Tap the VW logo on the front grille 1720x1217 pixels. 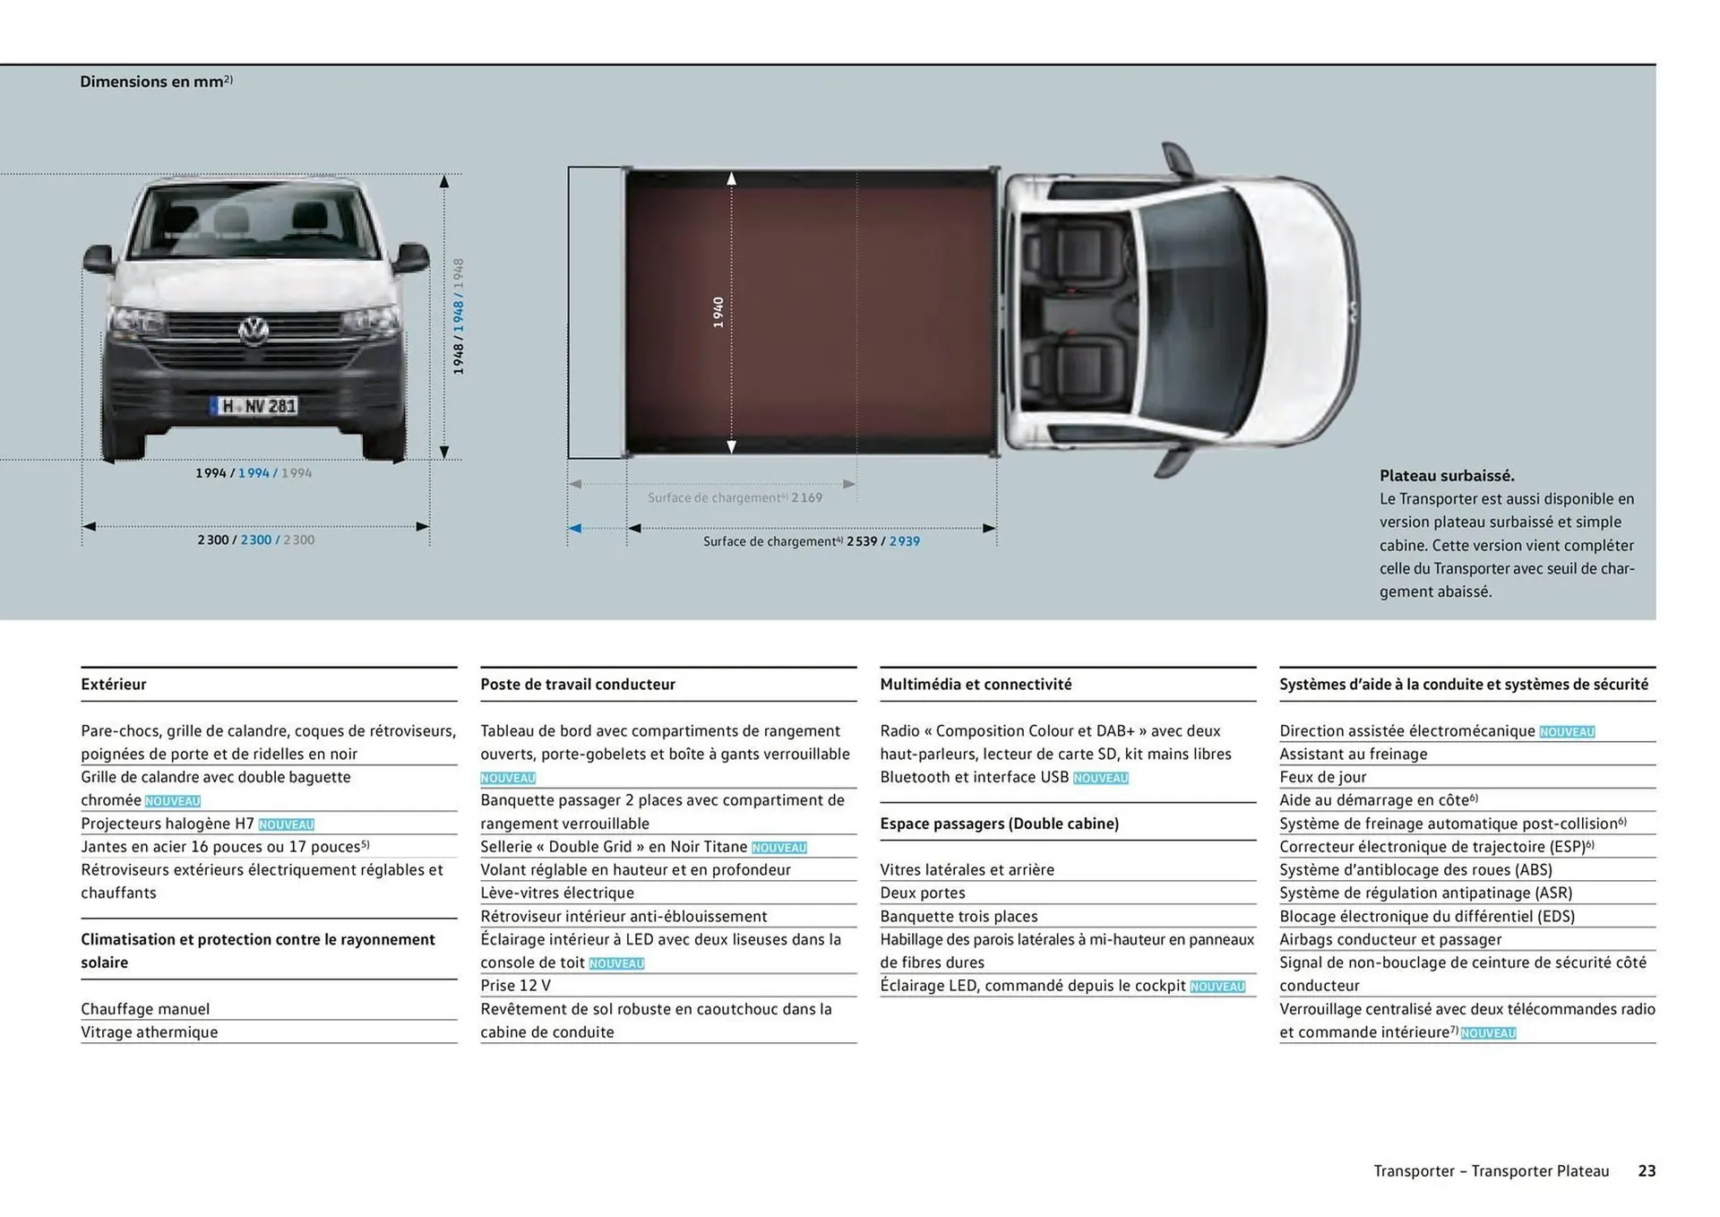254,331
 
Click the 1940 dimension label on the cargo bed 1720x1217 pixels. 718,312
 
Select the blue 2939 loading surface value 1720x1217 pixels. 904,541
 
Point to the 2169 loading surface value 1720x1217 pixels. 806,497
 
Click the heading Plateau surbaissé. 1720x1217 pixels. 1446,476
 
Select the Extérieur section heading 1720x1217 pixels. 114,684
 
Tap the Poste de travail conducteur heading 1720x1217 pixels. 577,684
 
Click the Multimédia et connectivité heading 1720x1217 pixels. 975,684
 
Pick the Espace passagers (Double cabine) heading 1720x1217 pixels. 999,823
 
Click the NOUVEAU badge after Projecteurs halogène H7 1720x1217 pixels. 286,824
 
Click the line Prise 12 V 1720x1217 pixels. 515,985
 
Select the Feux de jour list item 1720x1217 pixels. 1322,777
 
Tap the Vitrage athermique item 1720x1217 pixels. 149,1031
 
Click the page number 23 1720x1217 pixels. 1647,1170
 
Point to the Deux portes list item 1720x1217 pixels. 922,893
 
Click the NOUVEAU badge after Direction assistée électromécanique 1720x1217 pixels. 1566,732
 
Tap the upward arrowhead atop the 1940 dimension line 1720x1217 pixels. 731,179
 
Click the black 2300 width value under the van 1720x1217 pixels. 212,539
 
